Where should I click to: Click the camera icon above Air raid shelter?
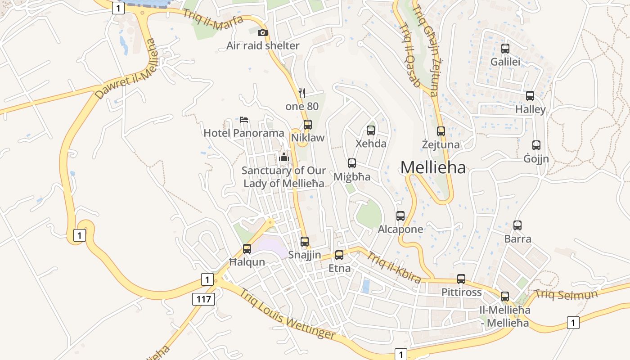pos(262,32)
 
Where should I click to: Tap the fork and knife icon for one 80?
pos(302,93)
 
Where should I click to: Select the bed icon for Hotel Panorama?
pos(244,120)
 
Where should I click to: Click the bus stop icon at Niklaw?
pos(308,125)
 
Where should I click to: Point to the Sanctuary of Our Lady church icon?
pos(284,157)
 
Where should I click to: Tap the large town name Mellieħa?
pos(433,167)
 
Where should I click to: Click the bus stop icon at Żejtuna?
pos(441,131)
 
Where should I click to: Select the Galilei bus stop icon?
pos(505,49)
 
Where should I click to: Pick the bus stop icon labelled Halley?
pos(530,96)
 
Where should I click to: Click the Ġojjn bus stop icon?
pos(536,145)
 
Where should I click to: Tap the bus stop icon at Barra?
pos(517,225)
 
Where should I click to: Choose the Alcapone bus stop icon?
pos(400,216)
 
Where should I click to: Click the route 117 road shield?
pos(204,299)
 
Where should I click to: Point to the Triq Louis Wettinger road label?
pos(288,314)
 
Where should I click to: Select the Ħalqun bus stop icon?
pos(247,249)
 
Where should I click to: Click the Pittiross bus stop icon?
pos(461,279)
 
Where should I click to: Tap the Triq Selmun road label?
pos(566,295)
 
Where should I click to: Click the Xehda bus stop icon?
pos(371,130)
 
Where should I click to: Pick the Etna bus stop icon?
pos(339,255)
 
